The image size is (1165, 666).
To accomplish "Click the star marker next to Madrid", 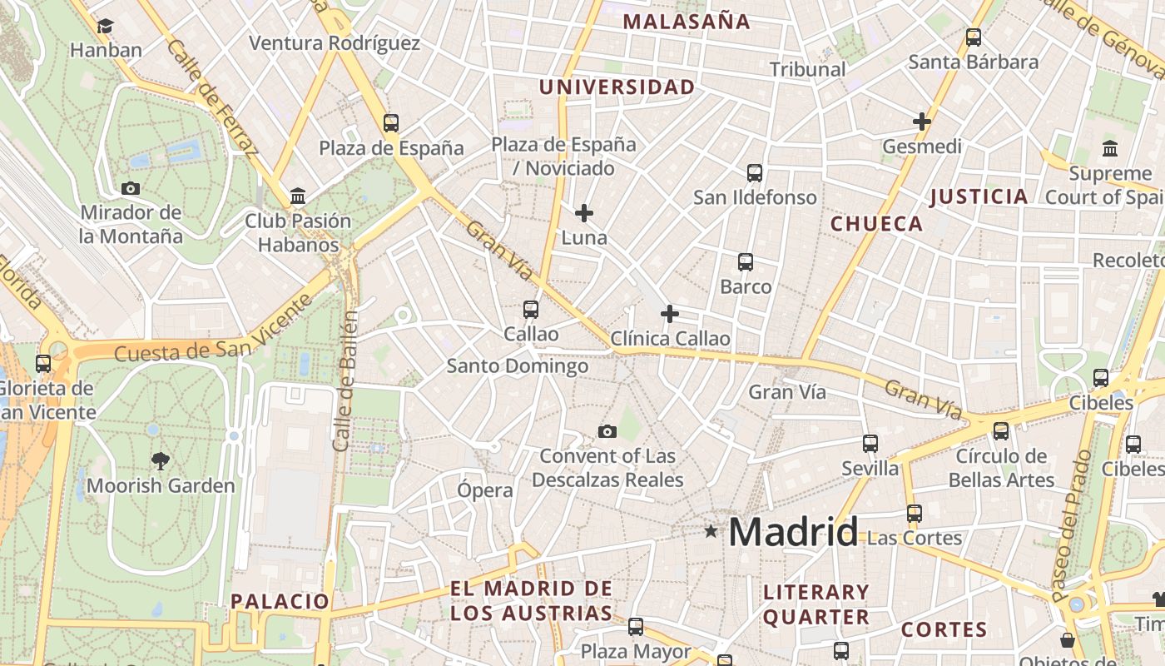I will click(711, 531).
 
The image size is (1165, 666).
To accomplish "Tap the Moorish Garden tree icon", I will click(160, 460).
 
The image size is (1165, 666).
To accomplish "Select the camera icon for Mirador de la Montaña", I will click(131, 188).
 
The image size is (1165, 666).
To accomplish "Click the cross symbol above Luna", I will click(584, 213).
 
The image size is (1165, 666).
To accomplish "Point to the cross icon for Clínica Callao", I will click(669, 314).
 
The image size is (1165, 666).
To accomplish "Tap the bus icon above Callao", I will click(531, 310).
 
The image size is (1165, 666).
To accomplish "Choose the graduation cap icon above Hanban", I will click(105, 27).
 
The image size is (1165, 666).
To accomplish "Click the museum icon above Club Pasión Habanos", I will click(298, 196).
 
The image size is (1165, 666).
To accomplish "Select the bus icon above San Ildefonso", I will click(755, 173).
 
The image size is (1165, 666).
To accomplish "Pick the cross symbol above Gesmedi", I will click(921, 122).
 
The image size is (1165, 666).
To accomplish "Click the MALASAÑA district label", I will click(687, 22).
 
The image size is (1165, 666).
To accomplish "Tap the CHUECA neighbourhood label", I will click(876, 224).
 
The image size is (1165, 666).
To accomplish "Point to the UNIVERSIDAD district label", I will click(617, 87).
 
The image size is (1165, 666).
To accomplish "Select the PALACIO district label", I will click(280, 601).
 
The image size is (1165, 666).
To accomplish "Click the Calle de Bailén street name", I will click(345, 381).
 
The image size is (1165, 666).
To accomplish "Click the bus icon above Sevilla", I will click(870, 444).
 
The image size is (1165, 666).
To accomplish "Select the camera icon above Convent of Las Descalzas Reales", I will click(607, 431).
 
